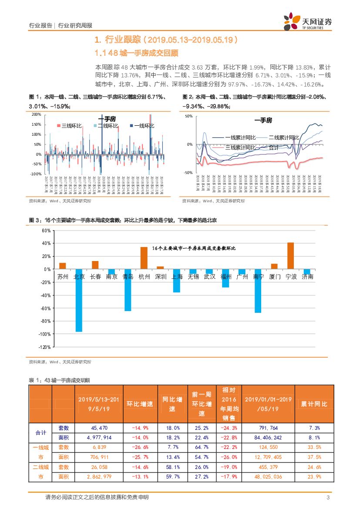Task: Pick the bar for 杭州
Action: point(144,258)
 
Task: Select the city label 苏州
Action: point(63,277)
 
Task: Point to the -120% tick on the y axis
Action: point(45,347)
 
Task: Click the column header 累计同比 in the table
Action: point(314,404)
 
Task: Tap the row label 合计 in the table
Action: point(40,433)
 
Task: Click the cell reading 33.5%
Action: point(314,447)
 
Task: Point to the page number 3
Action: point(327,498)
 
